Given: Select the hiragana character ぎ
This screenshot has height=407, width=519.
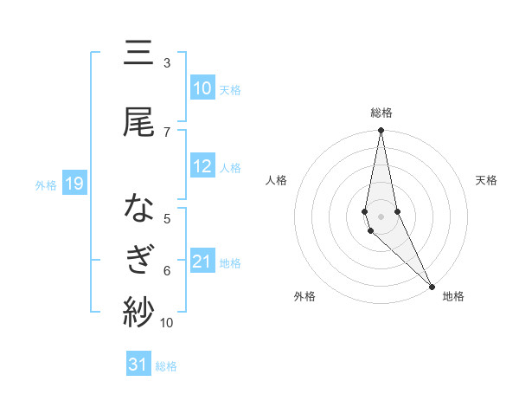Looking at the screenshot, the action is pos(138,261).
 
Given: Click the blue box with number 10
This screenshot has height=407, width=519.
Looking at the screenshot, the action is pos(202,88).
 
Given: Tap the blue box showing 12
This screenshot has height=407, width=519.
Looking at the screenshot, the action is pos(202,166).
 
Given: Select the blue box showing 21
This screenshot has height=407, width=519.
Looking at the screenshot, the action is pos(202,262).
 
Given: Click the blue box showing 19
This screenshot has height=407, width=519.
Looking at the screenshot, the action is pos(74,184).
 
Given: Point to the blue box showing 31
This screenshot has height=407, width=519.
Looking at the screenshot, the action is pos(138,365).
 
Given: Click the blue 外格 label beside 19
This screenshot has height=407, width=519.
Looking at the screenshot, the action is pos(46,184).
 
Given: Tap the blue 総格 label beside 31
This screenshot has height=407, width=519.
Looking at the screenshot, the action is pos(166,366).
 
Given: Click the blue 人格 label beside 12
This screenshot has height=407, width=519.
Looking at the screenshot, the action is pos(230,167).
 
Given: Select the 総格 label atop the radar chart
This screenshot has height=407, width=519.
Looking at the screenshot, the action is pos(381,113).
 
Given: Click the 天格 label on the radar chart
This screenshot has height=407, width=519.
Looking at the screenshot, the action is pos(487,180).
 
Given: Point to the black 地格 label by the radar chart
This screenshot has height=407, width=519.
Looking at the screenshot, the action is pos(453,296).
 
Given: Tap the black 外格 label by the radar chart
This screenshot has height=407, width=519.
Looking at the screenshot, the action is pos(304,296).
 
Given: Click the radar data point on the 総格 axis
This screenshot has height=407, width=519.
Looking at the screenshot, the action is pos(381,131).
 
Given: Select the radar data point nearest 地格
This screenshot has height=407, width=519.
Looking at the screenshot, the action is pos(432,285).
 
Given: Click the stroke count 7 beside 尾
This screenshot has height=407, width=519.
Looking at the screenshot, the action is pos(166,132).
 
